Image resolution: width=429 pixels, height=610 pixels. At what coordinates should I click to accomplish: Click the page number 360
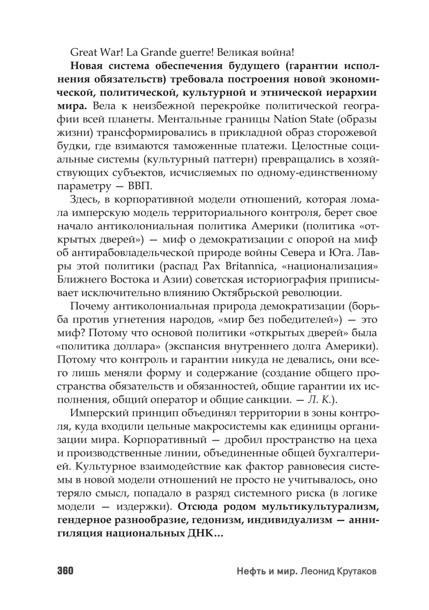point(63,571)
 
